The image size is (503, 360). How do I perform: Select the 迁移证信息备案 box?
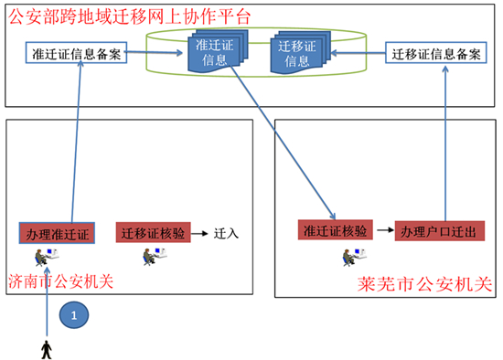point(434,54)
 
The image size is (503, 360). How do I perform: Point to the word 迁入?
point(226,233)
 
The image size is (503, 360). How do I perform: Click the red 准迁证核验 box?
point(336,230)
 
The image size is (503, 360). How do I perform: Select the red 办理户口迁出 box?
point(435,230)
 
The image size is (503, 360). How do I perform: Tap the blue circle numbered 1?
point(74,315)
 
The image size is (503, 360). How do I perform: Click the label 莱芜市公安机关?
point(427,286)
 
